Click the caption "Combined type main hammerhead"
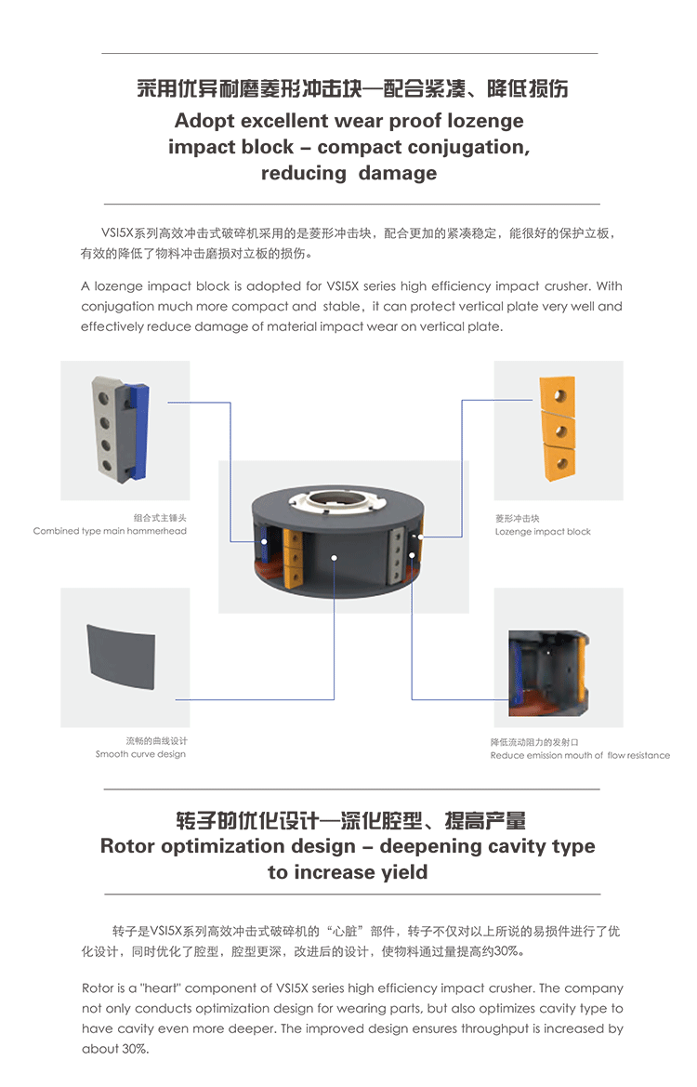pyautogui.click(x=110, y=531)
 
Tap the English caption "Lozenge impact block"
pyautogui.click(x=543, y=532)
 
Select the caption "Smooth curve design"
pyautogui.click(x=140, y=754)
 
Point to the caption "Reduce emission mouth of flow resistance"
pyautogui.click(x=580, y=756)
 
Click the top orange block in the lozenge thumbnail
pyautogui.click(x=558, y=395)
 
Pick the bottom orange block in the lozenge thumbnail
pyautogui.click(x=559, y=462)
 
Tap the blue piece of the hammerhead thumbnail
pyautogui.click(x=138, y=433)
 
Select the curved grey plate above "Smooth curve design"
pyautogui.click(x=121, y=656)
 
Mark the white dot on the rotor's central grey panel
pyautogui.click(x=334, y=557)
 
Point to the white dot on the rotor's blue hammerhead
pyautogui.click(x=263, y=542)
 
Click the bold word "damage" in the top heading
pyautogui.click(x=398, y=173)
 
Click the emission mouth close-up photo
pyautogui.click(x=548, y=672)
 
